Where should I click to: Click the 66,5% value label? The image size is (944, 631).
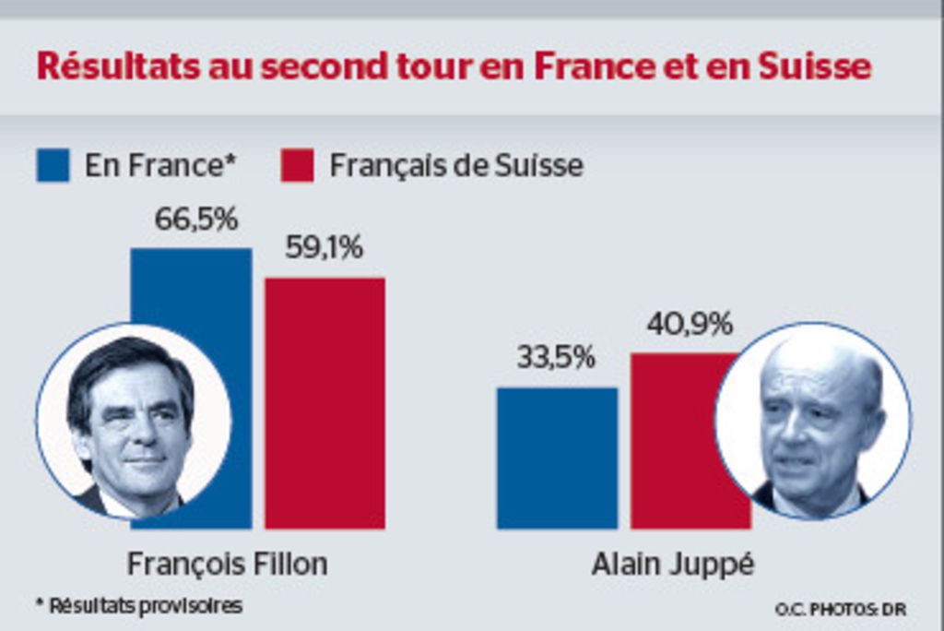pyautogui.click(x=195, y=220)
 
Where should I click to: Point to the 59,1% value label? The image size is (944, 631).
pyautogui.click(x=324, y=248)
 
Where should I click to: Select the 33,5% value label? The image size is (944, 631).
pyautogui.click(x=556, y=358)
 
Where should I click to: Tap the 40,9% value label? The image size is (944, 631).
pyautogui.click(x=690, y=324)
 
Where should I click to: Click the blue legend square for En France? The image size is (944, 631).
pyautogui.click(x=53, y=166)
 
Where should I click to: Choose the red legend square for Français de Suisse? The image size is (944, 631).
pyautogui.click(x=297, y=166)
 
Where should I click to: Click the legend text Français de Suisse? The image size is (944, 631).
pyautogui.click(x=456, y=166)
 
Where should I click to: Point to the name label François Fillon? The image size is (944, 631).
pyautogui.click(x=227, y=564)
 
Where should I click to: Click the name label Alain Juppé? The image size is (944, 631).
pyautogui.click(x=672, y=564)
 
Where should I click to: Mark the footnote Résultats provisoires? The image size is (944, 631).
pyautogui.click(x=139, y=606)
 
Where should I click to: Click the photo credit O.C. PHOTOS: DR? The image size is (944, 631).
pyautogui.click(x=840, y=609)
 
